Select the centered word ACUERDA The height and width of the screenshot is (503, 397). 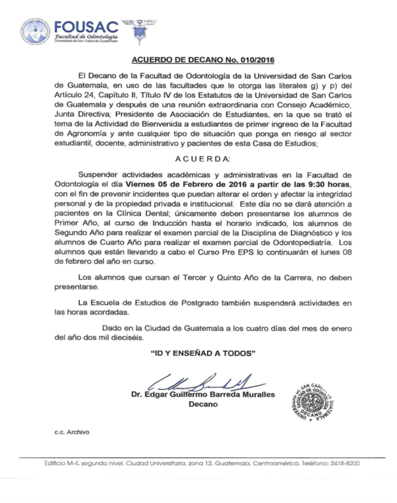click(x=202, y=159)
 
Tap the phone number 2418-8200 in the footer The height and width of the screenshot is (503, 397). click(x=346, y=463)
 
